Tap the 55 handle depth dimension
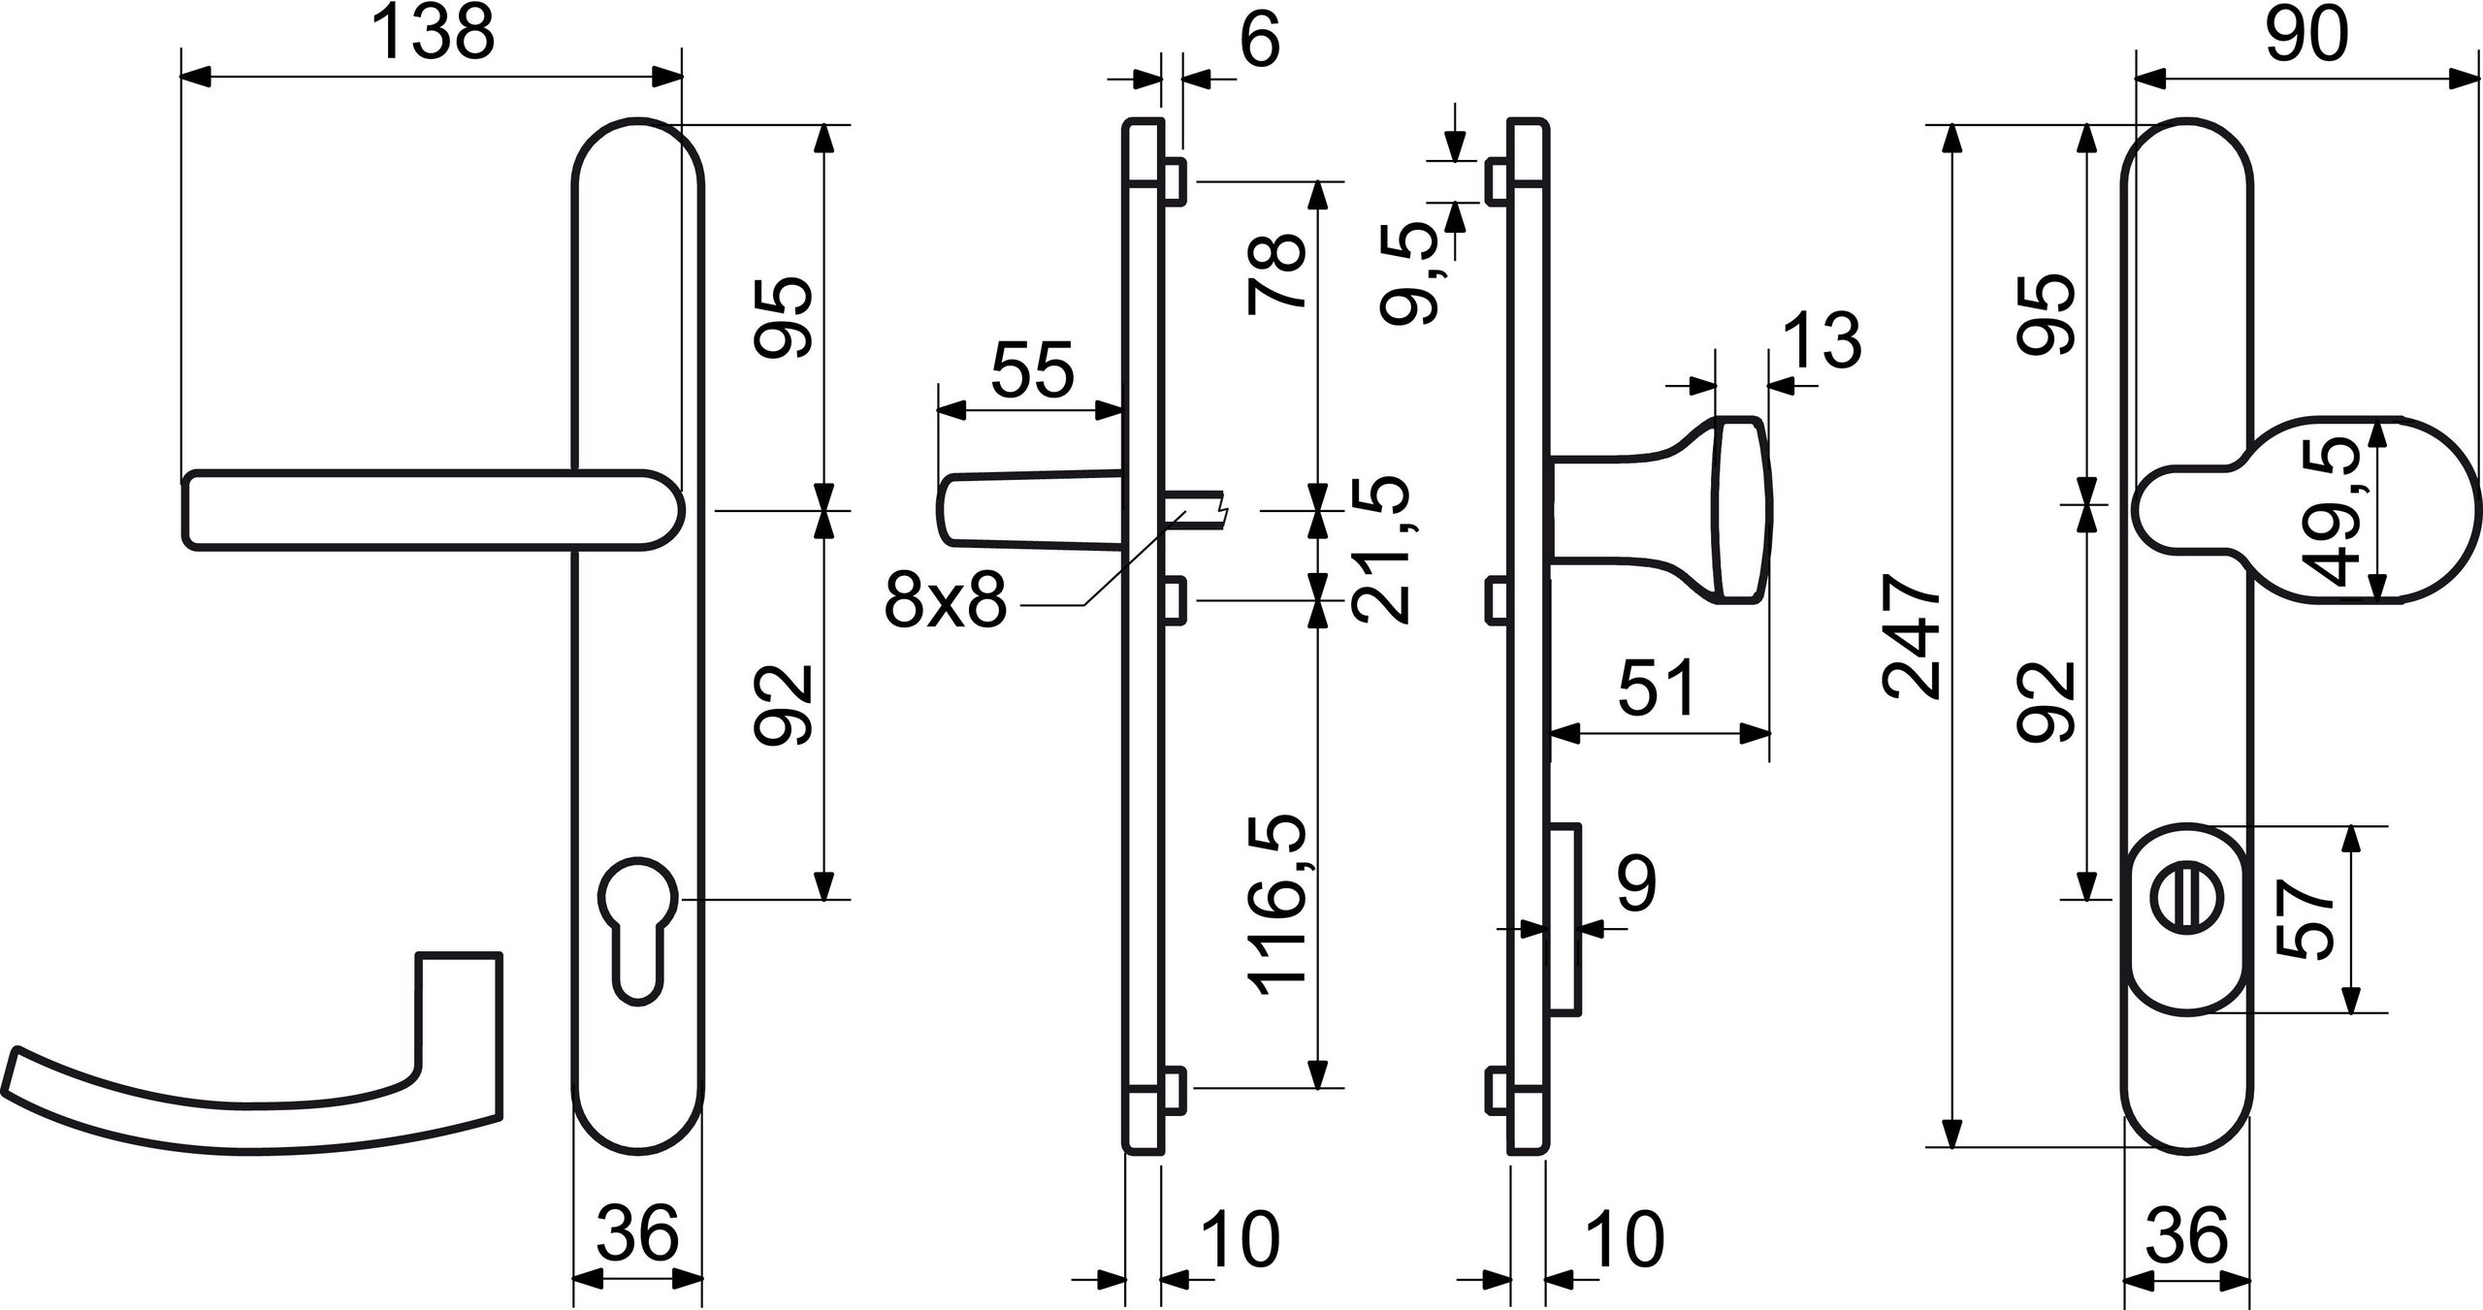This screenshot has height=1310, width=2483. (1032, 369)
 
